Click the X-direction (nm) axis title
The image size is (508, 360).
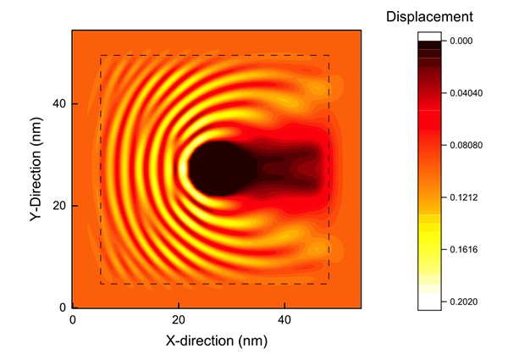coord(217,341)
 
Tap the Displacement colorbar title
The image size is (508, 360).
coord(429,16)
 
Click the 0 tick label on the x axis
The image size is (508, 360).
coord(73,320)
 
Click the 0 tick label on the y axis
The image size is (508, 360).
coord(61,307)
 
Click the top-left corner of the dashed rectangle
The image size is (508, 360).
coord(102,56)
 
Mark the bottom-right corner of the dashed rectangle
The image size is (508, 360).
coord(329,283)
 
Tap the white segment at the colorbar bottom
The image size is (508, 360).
coord(429,301)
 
